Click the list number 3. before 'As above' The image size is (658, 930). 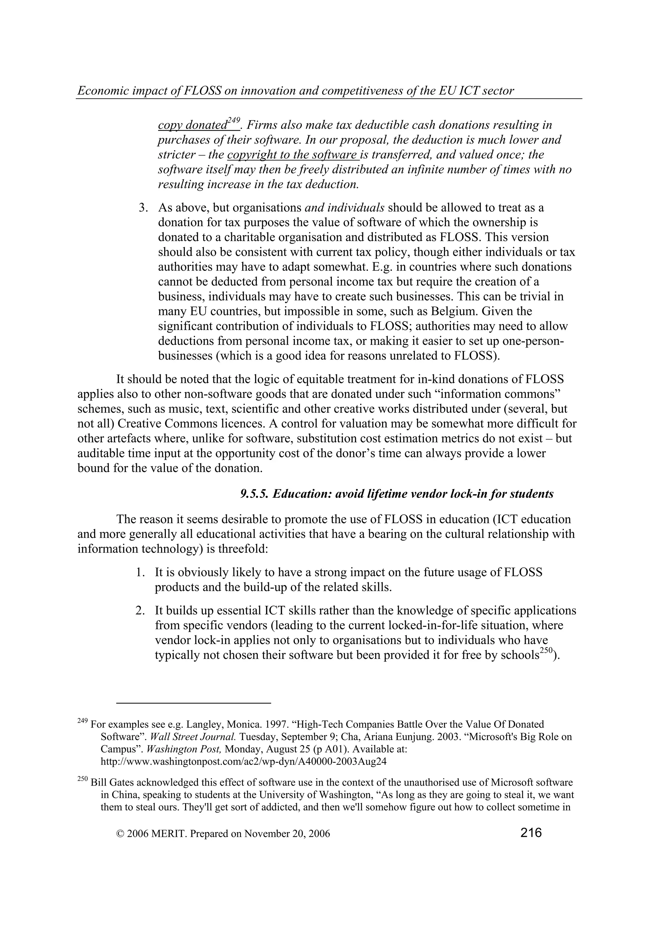click(143, 208)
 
